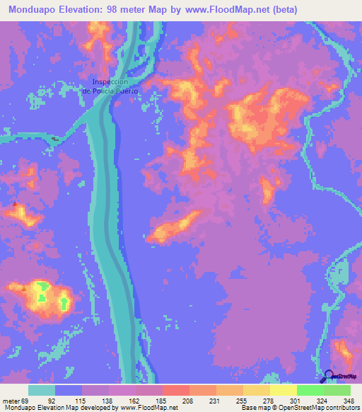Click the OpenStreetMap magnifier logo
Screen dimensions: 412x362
point(329,376)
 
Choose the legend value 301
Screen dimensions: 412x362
point(281,400)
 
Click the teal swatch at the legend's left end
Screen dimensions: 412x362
point(42,390)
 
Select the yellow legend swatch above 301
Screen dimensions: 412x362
point(283,390)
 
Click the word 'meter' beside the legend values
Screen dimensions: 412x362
point(11,400)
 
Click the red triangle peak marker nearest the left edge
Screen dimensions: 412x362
point(15,205)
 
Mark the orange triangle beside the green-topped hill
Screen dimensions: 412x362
point(25,288)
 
